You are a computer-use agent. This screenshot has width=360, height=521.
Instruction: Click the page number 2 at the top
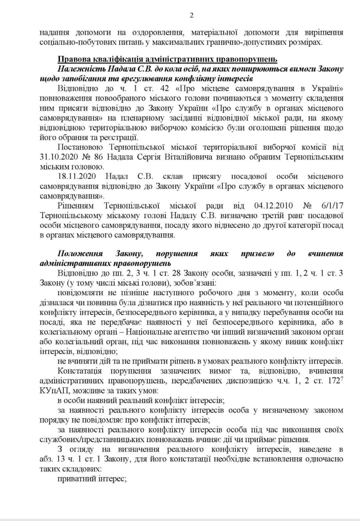(x=192, y=15)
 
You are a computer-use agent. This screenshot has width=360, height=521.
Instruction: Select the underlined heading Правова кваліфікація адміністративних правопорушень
(x=167, y=59)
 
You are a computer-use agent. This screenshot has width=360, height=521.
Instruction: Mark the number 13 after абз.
(x=61, y=459)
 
